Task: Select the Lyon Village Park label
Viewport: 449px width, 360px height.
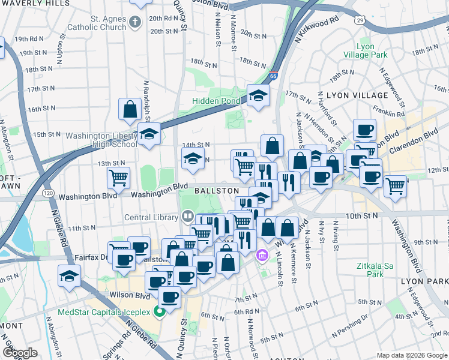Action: tap(373, 50)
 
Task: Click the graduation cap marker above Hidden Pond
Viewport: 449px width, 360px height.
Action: tap(258, 95)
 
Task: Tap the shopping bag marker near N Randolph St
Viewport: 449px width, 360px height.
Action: tap(130, 109)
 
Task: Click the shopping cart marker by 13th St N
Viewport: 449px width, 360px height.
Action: tap(118, 178)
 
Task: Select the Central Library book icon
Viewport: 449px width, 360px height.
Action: tap(187, 216)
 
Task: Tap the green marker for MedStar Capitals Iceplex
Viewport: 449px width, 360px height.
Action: tap(160, 311)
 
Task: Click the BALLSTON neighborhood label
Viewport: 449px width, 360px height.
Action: tap(218, 190)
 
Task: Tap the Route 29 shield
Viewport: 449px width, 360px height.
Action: tap(360, 20)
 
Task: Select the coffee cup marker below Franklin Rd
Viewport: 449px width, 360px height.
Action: tap(364, 130)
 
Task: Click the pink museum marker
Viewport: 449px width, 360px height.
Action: tap(262, 256)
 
